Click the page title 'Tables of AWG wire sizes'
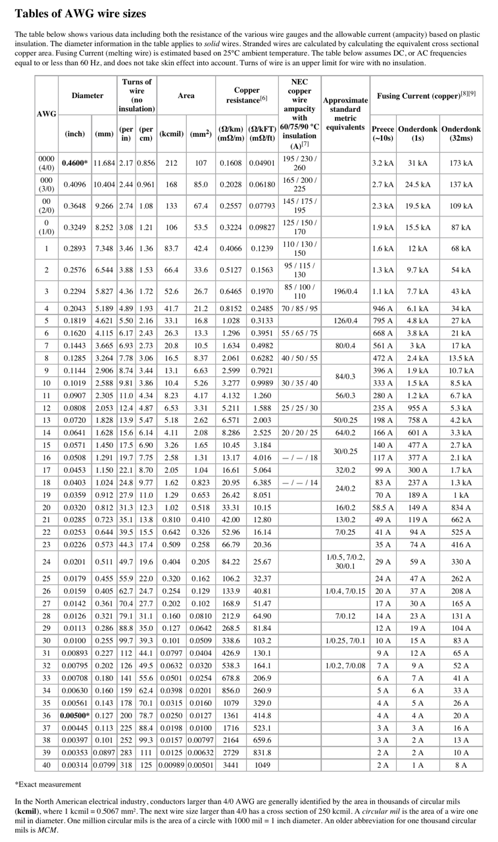click(80, 13)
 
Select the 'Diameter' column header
click(87, 95)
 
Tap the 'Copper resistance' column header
click(247, 95)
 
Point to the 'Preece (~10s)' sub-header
click(383, 133)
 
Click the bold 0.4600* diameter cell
click(76, 163)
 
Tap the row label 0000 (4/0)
click(46, 163)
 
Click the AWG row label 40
click(46, 765)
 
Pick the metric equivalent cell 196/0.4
click(345, 291)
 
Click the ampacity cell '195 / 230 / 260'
click(299, 163)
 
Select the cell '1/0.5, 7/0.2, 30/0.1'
click(345, 562)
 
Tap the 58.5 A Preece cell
click(383, 507)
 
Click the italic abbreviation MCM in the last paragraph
click(48, 830)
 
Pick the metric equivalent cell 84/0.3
click(345, 377)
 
